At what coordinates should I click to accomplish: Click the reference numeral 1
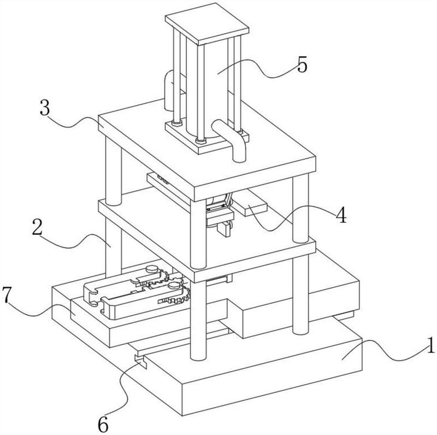(x=430, y=346)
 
